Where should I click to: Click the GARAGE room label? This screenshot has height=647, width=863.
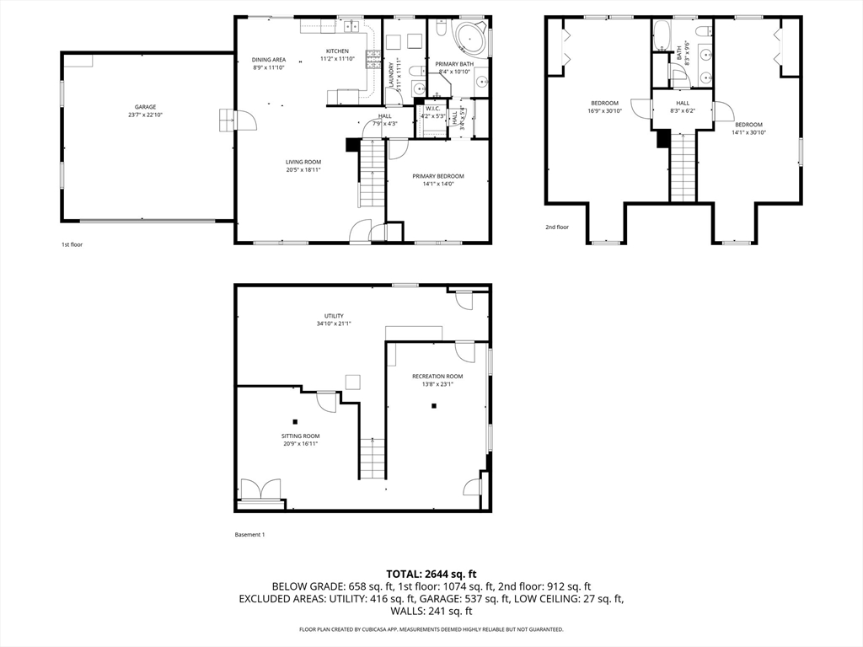[x=145, y=107]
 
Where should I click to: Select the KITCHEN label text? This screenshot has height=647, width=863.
[x=337, y=51]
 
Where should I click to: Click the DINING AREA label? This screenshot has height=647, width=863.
[x=269, y=59]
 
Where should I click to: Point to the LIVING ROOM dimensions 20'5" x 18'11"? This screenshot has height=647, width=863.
[x=303, y=169]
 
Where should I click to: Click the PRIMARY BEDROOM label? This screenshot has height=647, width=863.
[x=437, y=176]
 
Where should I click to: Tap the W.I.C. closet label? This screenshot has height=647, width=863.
[x=433, y=108]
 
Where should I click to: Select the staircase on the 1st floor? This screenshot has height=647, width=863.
[x=372, y=177]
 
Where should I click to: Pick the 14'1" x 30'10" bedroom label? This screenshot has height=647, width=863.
[x=748, y=124]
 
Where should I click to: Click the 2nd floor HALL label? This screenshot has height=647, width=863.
[x=682, y=102]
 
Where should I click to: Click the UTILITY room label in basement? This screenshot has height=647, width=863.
[x=334, y=316]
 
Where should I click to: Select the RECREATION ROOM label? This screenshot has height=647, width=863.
[x=437, y=376]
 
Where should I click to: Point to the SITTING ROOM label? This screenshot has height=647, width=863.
[x=300, y=436]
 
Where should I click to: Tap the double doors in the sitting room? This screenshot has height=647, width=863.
[x=260, y=490]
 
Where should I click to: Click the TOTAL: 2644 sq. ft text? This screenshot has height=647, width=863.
[x=431, y=574]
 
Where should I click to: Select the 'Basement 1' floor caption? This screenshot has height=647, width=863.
[x=249, y=535]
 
